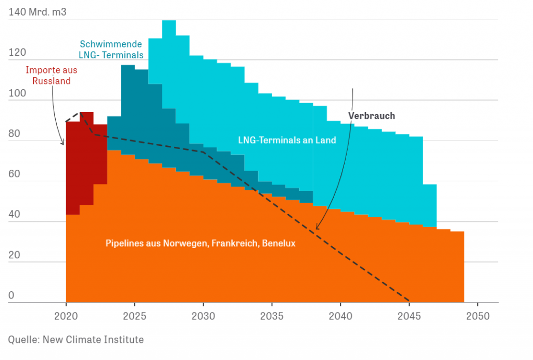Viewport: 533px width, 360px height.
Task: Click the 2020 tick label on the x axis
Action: pyautogui.click(x=66, y=316)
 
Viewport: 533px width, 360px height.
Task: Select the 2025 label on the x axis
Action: pyautogui.click(x=134, y=316)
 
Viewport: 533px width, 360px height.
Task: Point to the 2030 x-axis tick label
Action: pyautogui.click(x=203, y=316)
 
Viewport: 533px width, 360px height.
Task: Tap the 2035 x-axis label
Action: pyautogui.click(x=272, y=316)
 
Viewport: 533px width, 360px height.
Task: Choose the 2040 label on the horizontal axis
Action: pyautogui.click(x=340, y=316)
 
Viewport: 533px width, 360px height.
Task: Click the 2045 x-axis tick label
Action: pyautogui.click(x=409, y=316)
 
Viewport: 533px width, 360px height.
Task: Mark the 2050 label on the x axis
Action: pyautogui.click(x=477, y=316)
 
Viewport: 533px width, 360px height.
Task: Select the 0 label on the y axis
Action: pyautogui.click(x=11, y=295)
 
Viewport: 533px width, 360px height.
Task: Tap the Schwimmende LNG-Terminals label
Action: pyautogui.click(x=111, y=49)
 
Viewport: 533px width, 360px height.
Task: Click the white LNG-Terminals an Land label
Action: pyautogui.click(x=287, y=140)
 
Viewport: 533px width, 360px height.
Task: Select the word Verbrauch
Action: pyautogui.click(x=371, y=116)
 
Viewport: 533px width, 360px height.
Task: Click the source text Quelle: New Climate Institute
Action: pyautogui.click(x=76, y=340)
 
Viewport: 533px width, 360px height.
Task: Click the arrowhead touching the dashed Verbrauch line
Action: pyautogui.click(x=316, y=228)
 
